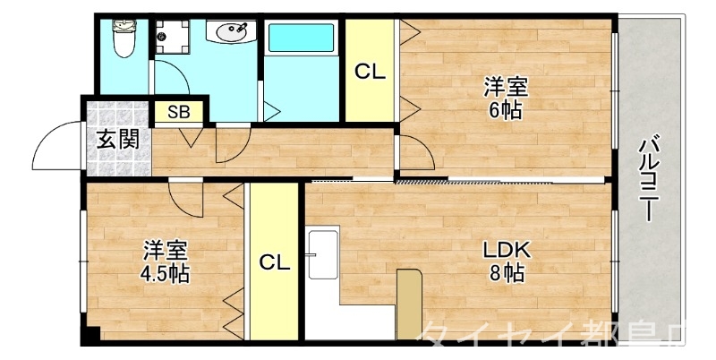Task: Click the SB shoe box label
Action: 179,112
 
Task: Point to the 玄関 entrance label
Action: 118,140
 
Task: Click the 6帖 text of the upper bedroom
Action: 505,111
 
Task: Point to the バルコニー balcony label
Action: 651,179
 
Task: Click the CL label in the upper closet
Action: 370,73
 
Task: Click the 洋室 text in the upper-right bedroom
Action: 506,88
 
